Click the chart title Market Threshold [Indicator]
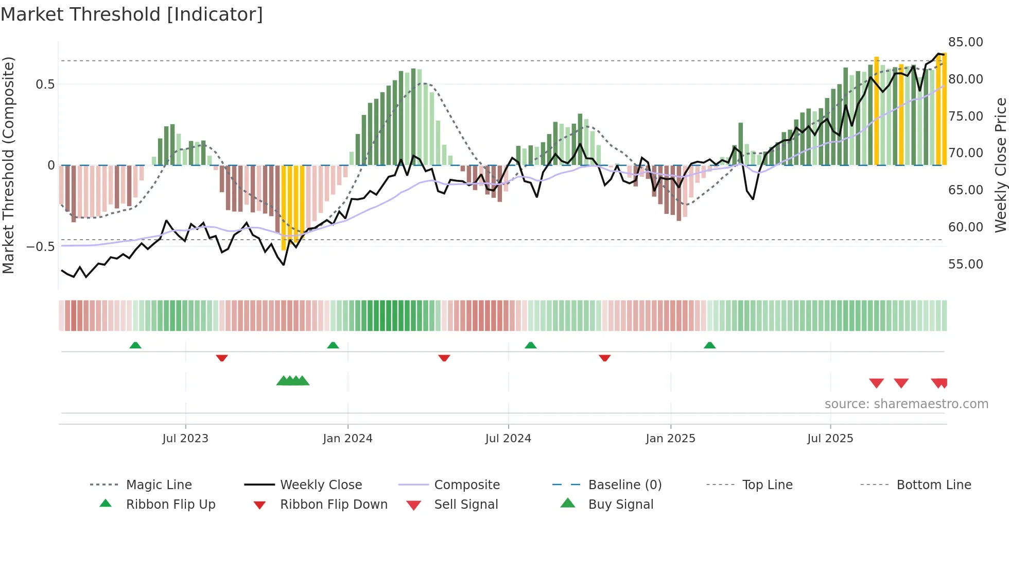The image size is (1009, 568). pos(132,14)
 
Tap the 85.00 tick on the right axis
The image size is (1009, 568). pos(965,42)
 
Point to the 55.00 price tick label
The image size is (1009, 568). pos(965,264)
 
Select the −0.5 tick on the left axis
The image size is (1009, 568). pos(41,247)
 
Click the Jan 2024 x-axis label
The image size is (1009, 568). pos(347,439)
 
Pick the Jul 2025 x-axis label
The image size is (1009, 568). pos(830,439)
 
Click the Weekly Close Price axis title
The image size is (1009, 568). pos(1000,165)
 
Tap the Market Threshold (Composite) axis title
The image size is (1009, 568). pos(8,165)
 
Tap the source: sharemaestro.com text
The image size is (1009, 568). pos(906,404)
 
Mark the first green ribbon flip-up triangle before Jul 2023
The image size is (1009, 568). pos(135,345)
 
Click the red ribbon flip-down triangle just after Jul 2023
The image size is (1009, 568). pos(222,358)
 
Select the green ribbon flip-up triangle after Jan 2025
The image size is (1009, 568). pos(709,345)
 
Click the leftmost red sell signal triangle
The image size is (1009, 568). pos(876,383)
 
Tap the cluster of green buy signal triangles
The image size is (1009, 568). pos(292,381)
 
